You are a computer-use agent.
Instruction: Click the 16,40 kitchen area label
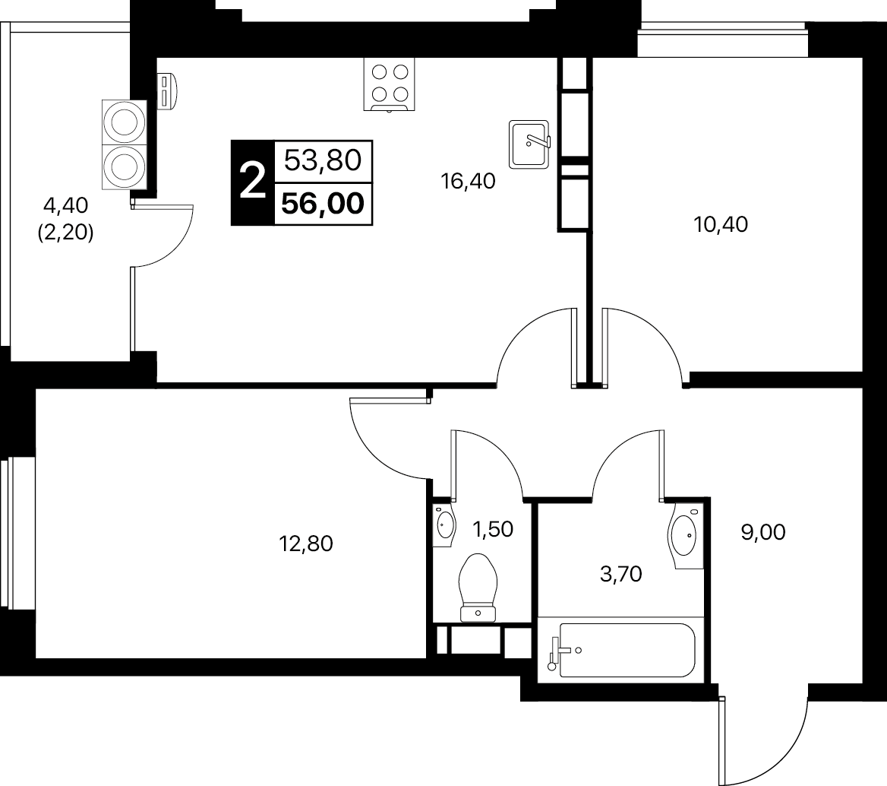(468, 181)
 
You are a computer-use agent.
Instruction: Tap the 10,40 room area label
(721, 225)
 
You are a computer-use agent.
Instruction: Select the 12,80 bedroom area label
(306, 544)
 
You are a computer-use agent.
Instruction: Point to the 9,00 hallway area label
(763, 532)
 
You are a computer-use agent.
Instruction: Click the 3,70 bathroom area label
(620, 574)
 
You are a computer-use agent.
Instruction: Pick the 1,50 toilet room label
(493, 529)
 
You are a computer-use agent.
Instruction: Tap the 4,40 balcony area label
(65, 205)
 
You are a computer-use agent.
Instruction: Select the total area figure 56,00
(323, 204)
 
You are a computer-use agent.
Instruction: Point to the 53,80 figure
(323, 160)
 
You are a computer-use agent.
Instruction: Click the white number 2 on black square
(252, 181)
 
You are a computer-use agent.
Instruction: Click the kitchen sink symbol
(529, 144)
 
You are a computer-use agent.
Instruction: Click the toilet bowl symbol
(478, 588)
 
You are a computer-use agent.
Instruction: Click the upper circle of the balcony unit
(125, 122)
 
